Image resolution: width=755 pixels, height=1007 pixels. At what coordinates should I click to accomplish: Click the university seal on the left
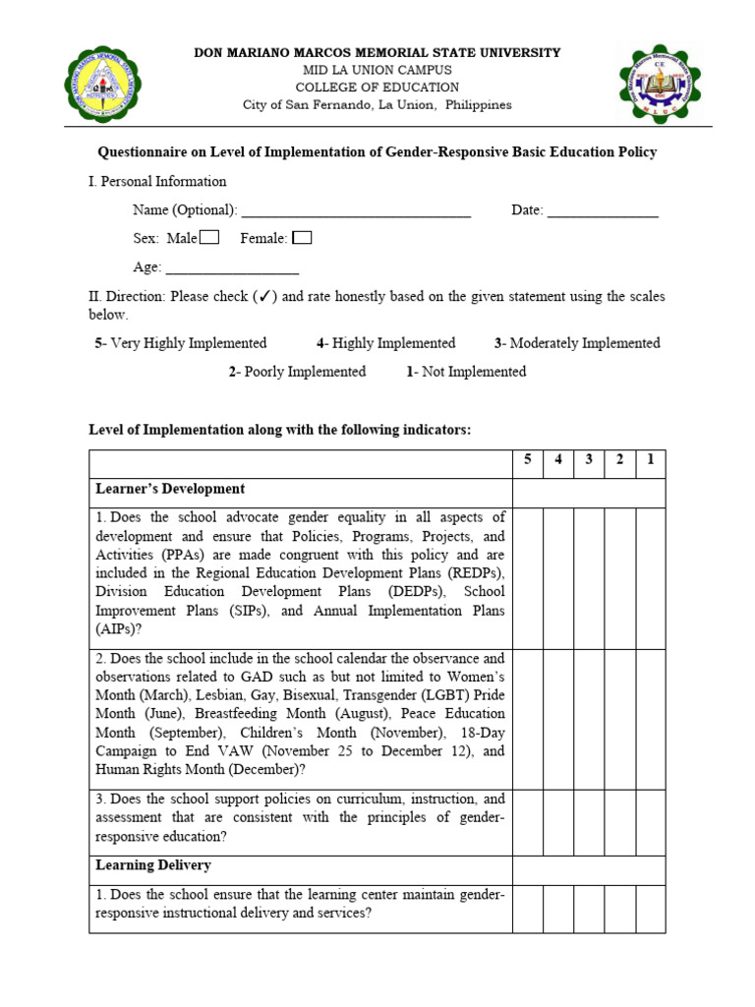tap(106, 86)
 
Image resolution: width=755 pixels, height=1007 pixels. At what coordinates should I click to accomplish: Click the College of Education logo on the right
tap(660, 86)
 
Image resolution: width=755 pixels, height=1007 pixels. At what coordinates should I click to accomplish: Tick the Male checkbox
tap(209, 237)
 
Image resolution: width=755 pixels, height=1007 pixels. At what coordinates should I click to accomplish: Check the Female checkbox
tap(303, 237)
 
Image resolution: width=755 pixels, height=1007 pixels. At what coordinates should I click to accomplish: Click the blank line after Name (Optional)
tap(356, 210)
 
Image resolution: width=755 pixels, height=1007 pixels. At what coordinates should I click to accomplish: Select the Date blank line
tap(603, 210)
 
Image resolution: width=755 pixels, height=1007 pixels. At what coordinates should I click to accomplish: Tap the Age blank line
tap(232, 267)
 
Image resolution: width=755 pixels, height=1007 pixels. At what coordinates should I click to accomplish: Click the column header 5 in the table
tap(527, 459)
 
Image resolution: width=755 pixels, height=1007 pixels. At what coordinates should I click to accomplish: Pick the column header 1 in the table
tap(650, 459)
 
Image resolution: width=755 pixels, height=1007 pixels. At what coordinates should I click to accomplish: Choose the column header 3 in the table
tap(589, 459)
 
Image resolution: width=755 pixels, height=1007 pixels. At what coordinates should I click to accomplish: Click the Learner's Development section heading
tap(170, 489)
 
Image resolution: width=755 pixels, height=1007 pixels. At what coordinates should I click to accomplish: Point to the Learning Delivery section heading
tap(152, 865)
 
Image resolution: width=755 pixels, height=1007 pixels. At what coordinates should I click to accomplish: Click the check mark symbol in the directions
tap(262, 296)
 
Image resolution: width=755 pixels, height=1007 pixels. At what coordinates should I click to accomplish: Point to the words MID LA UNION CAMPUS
tap(378, 70)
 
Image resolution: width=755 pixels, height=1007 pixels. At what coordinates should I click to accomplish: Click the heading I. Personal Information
tap(157, 181)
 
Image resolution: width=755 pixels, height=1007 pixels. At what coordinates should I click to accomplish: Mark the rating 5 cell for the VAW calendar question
tap(527, 719)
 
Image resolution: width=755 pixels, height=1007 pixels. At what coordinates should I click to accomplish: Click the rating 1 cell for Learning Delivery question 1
tap(650, 909)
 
